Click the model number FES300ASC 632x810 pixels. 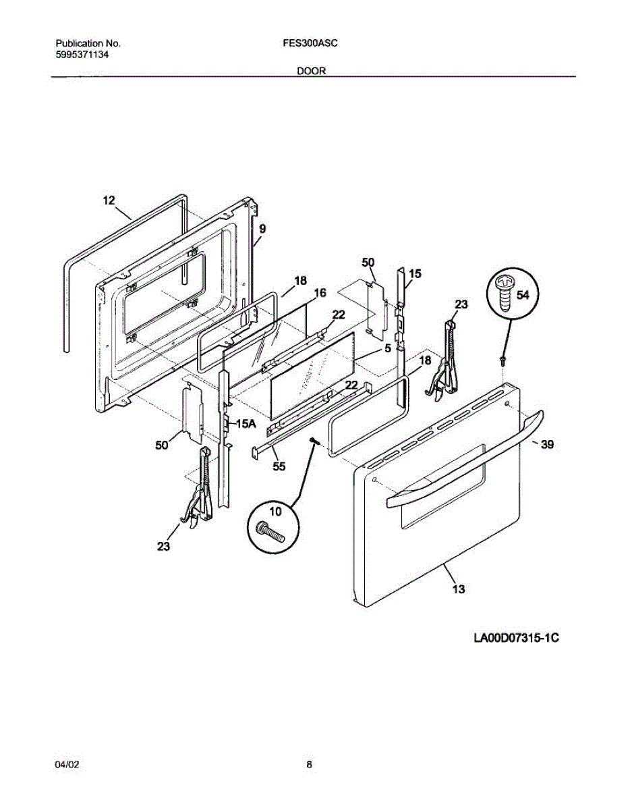coord(311,43)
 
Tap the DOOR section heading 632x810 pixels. coord(312,70)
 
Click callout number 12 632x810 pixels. coord(109,200)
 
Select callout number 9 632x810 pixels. coord(262,230)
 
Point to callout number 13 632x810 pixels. coord(458,589)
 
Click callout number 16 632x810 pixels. coord(320,292)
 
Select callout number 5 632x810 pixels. coord(388,349)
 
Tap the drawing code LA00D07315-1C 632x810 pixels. coord(517,638)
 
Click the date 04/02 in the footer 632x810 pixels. coord(67,765)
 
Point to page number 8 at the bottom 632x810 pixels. coord(309,765)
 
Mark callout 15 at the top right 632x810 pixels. coord(415,273)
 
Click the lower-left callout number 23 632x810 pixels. coord(163,547)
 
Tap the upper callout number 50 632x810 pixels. coord(368,262)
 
